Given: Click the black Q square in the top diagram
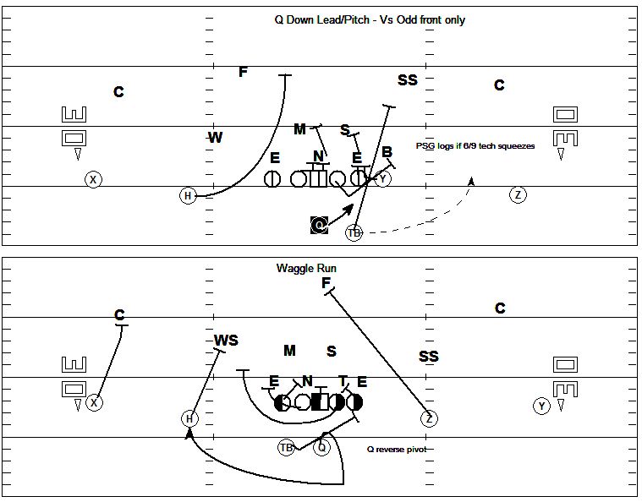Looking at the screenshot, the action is coord(320,225).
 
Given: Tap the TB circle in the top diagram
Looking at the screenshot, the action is coord(354,232).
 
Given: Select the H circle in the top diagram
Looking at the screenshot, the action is coord(188,195).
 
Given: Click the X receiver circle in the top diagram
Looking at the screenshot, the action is coord(93,180).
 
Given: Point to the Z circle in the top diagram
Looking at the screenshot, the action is coord(518,194).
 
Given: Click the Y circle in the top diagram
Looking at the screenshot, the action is coord(383,179).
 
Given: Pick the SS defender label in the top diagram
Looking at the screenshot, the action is coord(408,79).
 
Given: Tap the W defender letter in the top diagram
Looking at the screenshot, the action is coord(216,138).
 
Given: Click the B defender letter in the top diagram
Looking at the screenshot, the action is coord(387,152).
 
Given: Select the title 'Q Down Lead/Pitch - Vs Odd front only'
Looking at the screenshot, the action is coord(370,19).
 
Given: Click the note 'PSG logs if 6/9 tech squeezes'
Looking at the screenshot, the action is coord(475,146).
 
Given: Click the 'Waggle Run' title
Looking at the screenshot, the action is coord(306,269).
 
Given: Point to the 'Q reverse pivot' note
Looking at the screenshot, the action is coord(397,450).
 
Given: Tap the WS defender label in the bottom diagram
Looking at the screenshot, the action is coord(226,341).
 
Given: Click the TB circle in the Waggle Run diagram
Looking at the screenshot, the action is coord(286,448).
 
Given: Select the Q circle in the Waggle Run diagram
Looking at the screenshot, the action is coord(321,448).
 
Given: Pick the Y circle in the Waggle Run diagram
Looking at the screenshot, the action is coord(541,407).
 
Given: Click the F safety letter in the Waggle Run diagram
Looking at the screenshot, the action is coord(326,283).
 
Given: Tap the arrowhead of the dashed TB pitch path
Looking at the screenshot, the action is coord(471,181).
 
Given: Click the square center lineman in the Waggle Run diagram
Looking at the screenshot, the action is coord(320,402).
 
